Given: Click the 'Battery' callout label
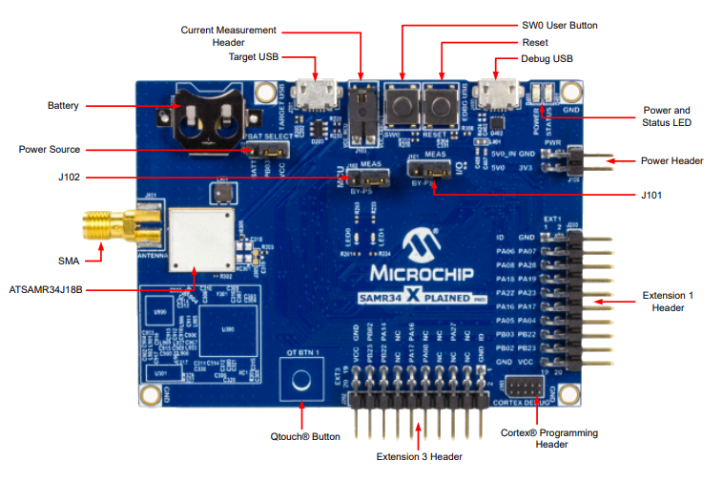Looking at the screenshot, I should pyautogui.click(x=63, y=105).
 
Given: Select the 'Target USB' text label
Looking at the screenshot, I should pyautogui.click(x=254, y=57).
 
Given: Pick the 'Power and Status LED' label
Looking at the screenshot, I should pyautogui.click(x=667, y=116).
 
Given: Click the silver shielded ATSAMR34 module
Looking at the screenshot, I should pyautogui.click(x=199, y=236).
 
